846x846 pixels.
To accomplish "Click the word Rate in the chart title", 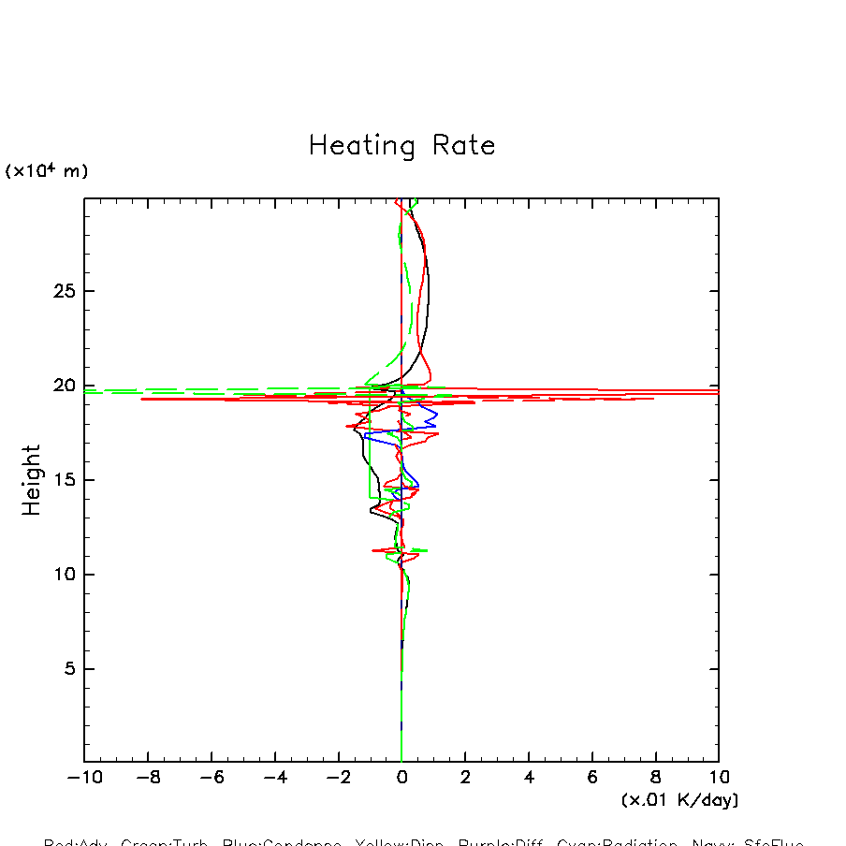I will (x=464, y=146).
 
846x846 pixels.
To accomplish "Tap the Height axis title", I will (x=32, y=480).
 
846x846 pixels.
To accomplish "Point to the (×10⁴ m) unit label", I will (x=47, y=171).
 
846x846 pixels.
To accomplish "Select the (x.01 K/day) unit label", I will (x=679, y=800).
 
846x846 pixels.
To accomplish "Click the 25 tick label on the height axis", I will (x=61, y=292).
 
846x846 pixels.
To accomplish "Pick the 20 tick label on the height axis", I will (x=61, y=386).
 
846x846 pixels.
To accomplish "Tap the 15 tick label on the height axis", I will (x=61, y=480).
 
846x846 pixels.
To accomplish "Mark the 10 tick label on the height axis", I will (x=61, y=575).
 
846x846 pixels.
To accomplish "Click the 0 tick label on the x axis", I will (x=401, y=778).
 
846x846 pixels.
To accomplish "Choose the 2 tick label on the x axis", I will (x=465, y=778).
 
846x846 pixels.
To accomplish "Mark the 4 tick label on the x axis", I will (x=529, y=778).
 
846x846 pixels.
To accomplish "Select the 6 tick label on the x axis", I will (x=592, y=778).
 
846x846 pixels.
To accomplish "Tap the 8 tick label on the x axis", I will (x=655, y=778).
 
